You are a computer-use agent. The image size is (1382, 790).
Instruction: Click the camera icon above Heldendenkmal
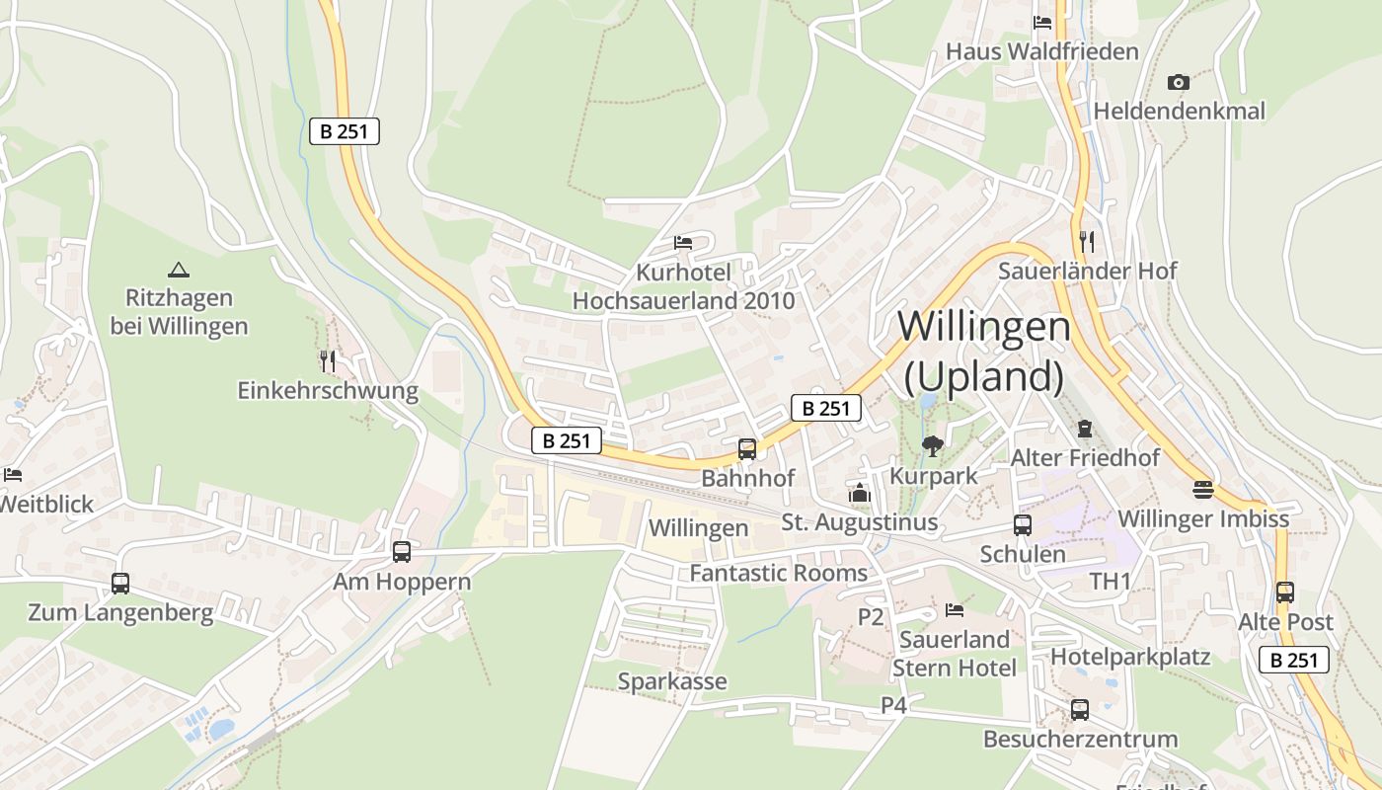click(1178, 82)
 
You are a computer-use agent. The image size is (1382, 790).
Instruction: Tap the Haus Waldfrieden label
click(1042, 51)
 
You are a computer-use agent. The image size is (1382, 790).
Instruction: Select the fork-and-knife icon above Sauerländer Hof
click(1087, 241)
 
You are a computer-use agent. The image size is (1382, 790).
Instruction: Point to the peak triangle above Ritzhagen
click(178, 269)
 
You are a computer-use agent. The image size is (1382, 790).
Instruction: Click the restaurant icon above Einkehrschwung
click(328, 361)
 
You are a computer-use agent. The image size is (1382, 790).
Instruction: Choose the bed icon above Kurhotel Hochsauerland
click(683, 242)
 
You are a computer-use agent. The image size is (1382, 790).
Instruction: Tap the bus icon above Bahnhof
click(747, 449)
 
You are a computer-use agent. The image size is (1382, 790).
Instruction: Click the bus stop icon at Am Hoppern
click(401, 552)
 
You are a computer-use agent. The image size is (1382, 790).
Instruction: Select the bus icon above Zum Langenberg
click(120, 584)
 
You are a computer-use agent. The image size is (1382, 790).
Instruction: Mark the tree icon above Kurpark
click(932, 446)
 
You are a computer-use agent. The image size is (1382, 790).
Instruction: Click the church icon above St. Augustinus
click(860, 493)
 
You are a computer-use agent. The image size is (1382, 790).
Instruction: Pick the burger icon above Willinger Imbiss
click(1202, 489)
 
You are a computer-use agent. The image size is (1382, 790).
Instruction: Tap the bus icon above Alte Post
click(1285, 592)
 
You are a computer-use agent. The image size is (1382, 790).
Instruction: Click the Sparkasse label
click(672, 681)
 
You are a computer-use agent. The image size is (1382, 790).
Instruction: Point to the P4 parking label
click(893, 705)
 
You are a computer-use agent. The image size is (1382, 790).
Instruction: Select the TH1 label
click(1110, 582)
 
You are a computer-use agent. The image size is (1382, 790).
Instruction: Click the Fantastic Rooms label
click(779, 573)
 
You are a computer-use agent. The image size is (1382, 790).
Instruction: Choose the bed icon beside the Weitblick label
click(12, 475)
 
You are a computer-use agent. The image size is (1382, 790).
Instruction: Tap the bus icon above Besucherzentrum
click(1080, 709)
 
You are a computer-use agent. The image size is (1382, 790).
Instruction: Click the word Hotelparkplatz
click(1130, 657)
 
